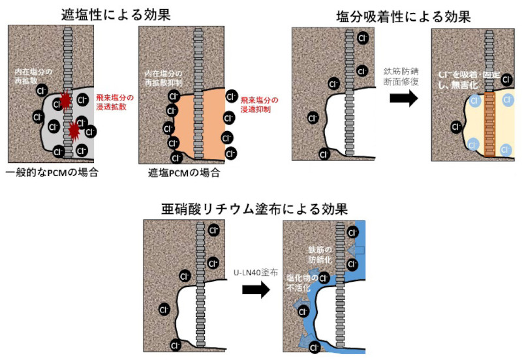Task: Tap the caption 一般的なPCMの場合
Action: click(52, 173)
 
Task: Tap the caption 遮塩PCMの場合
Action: click(185, 173)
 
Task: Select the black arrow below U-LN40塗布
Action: click(256, 290)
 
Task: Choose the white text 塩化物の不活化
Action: click(302, 282)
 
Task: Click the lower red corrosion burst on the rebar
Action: click(74, 132)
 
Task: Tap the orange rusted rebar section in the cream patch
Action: click(489, 124)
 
